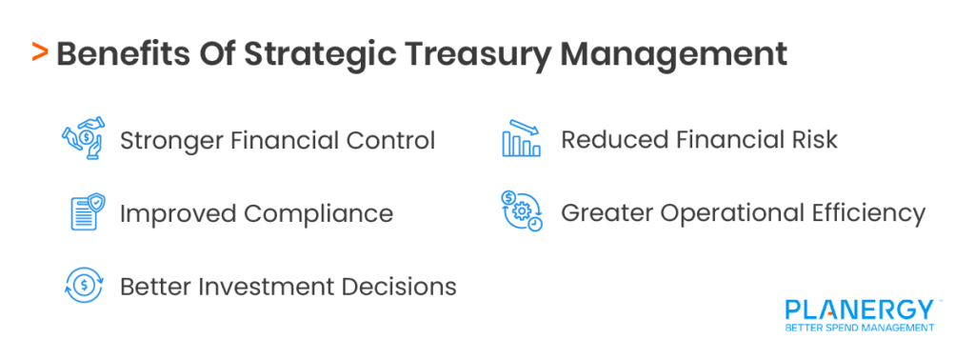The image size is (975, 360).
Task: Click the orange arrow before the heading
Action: [39, 52]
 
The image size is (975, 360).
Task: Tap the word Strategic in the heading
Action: [309, 53]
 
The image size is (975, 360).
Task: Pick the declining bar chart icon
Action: [521, 140]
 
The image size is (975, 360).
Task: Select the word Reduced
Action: [614, 140]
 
